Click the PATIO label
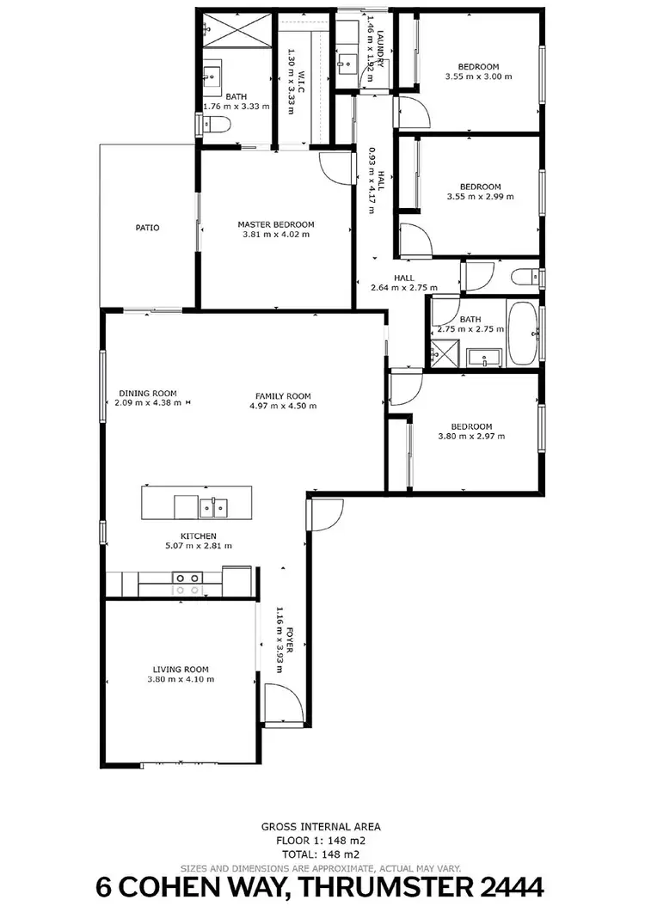point(147,228)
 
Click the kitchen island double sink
point(213,508)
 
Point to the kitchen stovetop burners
point(187,585)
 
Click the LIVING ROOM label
point(181,670)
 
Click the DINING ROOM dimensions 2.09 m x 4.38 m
point(148,402)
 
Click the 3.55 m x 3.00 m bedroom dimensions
point(478,77)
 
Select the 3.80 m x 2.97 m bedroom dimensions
point(471,437)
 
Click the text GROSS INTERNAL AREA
point(321,827)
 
